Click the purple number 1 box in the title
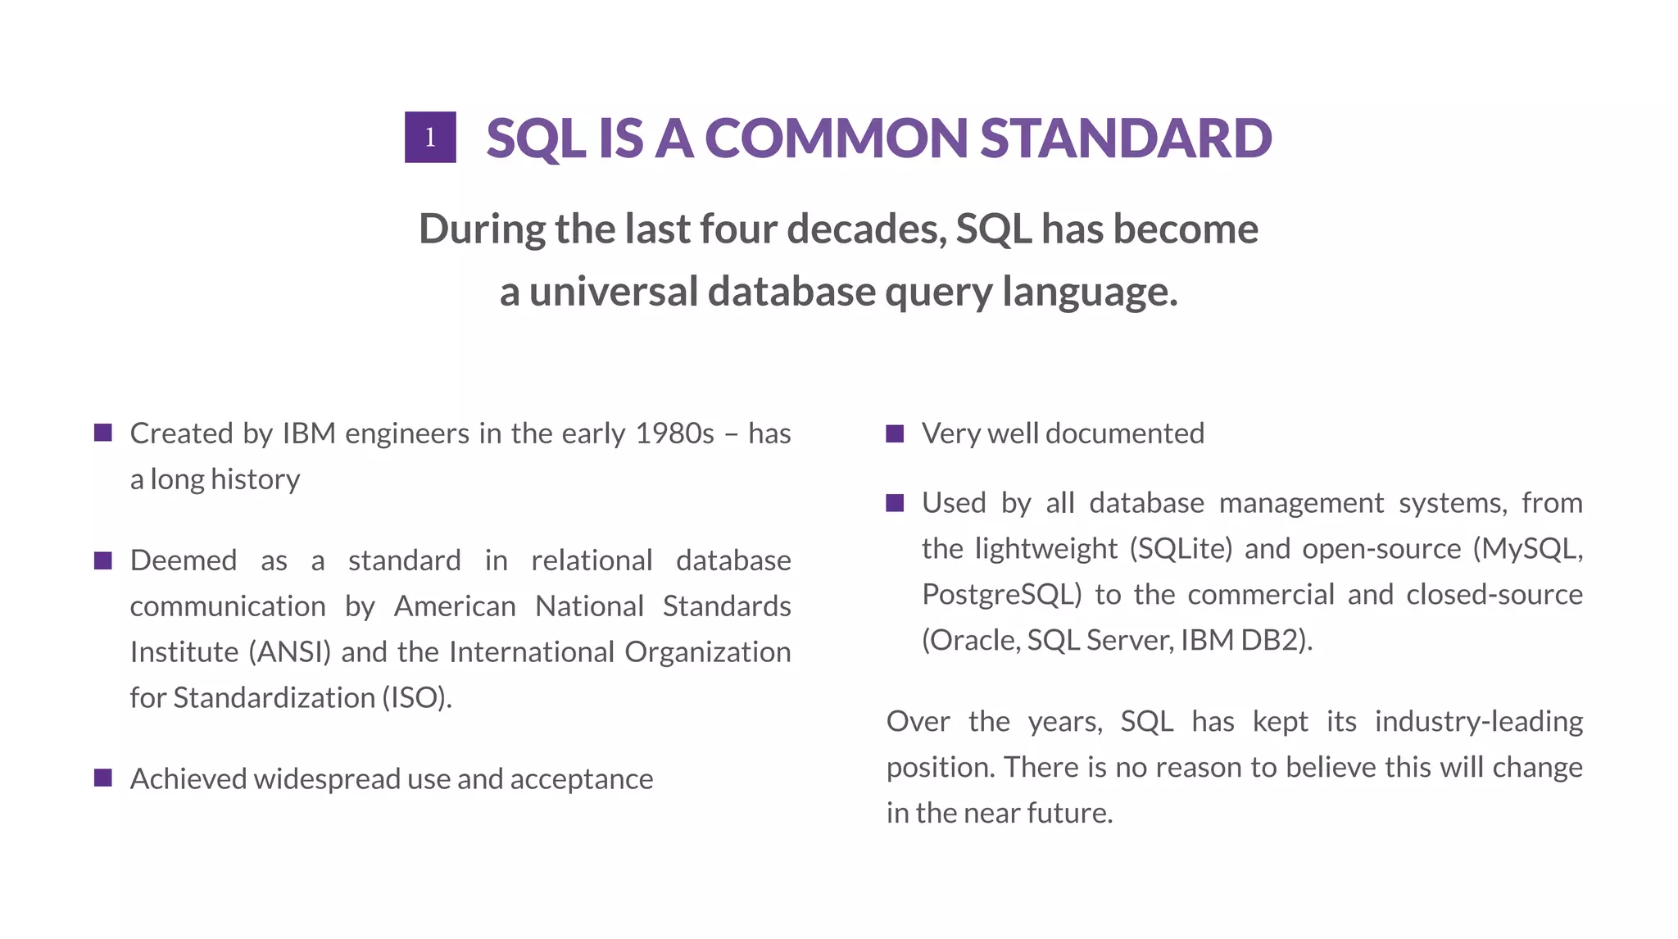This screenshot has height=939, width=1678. (430, 137)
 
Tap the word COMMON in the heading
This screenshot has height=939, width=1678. (836, 138)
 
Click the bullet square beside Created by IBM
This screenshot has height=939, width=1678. (103, 433)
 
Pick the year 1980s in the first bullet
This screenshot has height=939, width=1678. (674, 433)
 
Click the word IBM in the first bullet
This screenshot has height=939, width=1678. (309, 433)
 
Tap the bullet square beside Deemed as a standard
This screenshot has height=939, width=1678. (103, 560)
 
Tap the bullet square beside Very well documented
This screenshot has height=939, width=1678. (895, 433)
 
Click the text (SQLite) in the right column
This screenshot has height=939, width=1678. (1181, 548)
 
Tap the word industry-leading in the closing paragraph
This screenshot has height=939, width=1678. (1478, 722)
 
